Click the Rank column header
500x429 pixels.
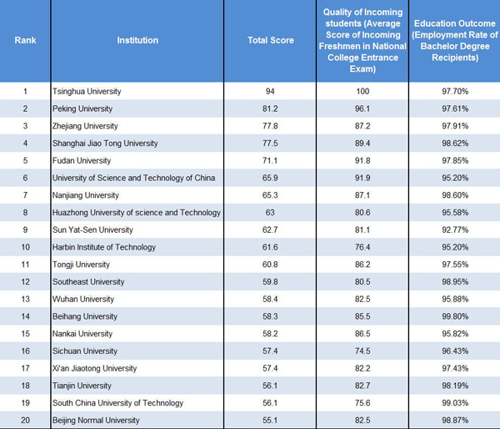25,40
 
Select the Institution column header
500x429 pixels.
137,40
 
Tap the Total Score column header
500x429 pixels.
270,40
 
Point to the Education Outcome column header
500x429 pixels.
454,40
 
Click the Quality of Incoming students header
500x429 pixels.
362,40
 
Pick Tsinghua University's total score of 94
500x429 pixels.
270,91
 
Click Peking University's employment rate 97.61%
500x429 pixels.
454,109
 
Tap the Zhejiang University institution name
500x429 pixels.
85,126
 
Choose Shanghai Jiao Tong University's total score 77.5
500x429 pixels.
270,144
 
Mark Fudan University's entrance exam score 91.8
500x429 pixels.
362,160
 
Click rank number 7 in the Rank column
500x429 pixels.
25,195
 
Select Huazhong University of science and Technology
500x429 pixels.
136,213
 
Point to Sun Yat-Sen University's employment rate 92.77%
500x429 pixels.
454,230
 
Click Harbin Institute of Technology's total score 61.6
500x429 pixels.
270,247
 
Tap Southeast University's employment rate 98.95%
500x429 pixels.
454,282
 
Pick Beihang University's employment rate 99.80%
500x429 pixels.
454,316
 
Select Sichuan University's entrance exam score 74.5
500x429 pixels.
362,351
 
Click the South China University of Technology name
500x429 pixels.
117,403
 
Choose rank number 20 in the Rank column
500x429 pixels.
25,421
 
